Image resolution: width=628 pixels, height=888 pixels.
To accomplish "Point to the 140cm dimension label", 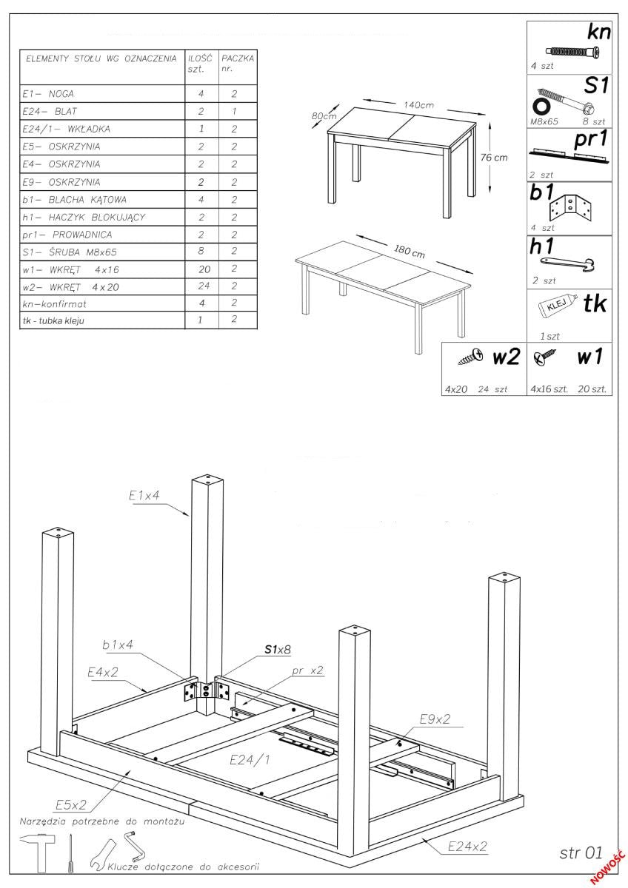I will (419, 104).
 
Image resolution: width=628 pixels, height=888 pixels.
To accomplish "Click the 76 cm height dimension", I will (494, 157).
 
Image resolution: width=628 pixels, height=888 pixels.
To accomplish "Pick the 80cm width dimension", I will (324, 116).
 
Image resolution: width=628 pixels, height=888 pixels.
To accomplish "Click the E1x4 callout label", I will (144, 496).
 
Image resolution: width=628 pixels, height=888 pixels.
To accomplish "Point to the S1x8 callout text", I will (278, 649).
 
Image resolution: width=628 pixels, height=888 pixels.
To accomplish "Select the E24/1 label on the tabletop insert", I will (250, 759).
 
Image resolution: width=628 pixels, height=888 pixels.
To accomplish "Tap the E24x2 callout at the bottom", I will (467, 846).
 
